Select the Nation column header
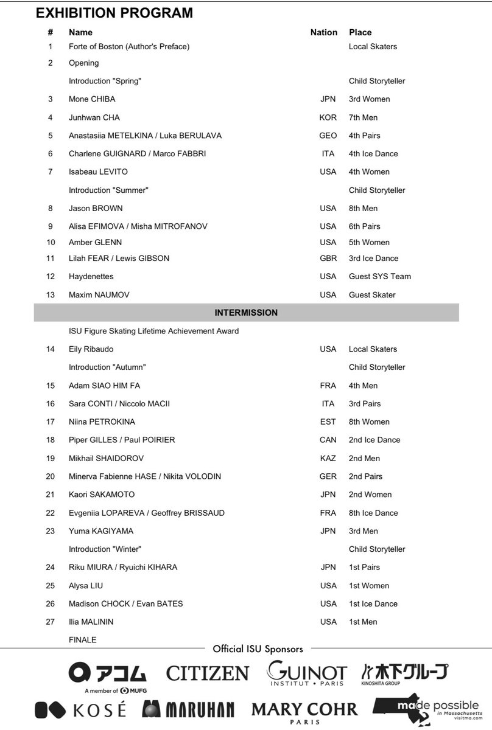323,32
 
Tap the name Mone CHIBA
92,99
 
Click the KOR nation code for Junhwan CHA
328,117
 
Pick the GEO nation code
328,136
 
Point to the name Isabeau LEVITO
98,172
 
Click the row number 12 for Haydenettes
51,276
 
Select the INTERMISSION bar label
246,313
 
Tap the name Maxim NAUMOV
99,294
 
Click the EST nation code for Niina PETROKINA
328,422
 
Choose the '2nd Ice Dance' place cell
374,440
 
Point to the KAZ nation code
328,458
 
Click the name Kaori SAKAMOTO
102,495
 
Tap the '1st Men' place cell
363,622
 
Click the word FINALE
82,640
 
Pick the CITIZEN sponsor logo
208,673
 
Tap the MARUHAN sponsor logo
188,709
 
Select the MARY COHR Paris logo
304,712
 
